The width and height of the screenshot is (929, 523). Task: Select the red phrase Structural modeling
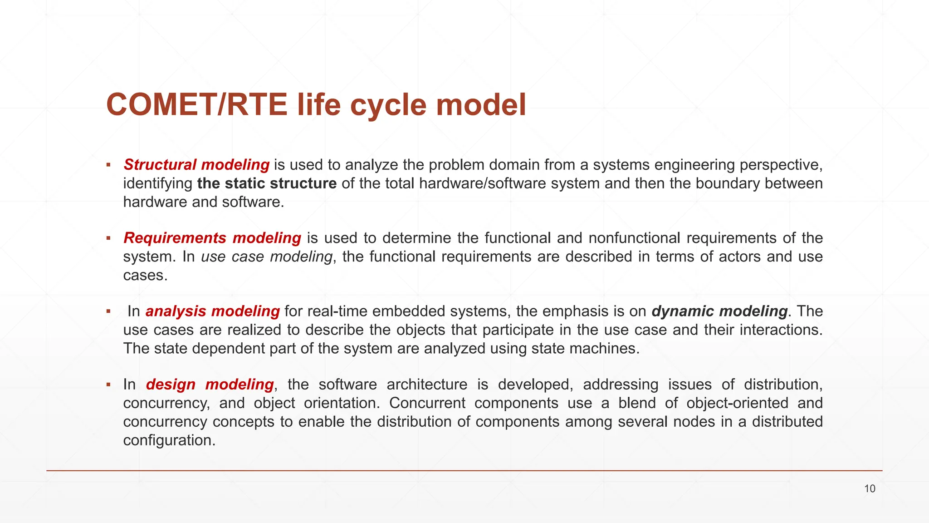point(196,165)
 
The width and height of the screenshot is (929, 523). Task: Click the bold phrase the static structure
point(267,183)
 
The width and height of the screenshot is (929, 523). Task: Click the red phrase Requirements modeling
point(212,238)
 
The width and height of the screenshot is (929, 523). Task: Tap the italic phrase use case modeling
point(266,257)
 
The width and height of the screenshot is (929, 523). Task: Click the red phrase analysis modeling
point(212,311)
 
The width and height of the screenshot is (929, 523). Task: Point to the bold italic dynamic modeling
point(719,311)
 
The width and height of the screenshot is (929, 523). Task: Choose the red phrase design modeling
point(210,385)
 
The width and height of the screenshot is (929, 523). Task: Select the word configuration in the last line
point(169,440)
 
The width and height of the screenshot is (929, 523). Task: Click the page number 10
point(870,489)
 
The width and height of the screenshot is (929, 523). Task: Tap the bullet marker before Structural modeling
point(108,165)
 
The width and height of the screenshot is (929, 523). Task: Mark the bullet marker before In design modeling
point(108,385)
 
